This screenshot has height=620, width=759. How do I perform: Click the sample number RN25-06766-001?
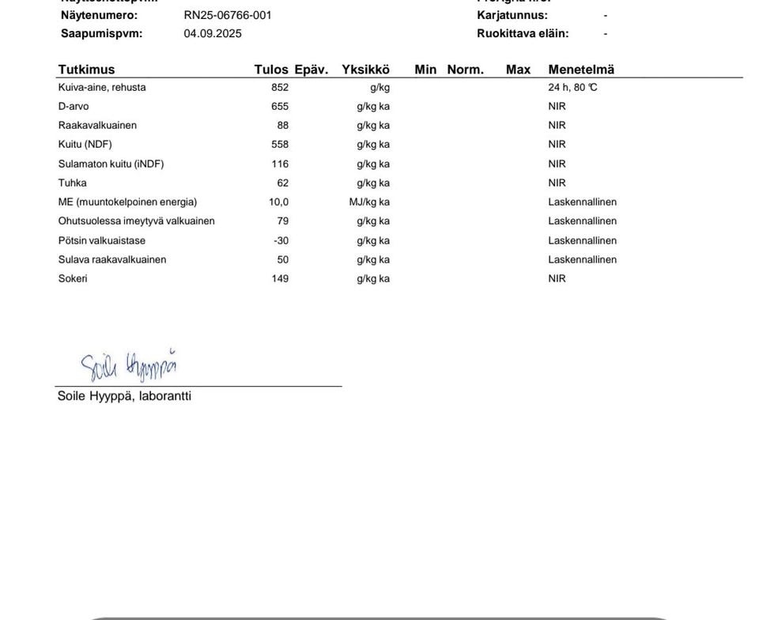(228, 15)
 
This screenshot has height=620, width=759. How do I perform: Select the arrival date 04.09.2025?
(213, 33)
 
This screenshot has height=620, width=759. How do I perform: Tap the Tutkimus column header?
(86, 70)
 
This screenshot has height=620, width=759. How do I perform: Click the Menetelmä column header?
(581, 70)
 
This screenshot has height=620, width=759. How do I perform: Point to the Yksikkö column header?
(365, 70)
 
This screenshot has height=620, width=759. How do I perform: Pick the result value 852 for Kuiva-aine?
(280, 88)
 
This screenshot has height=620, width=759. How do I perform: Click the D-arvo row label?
(74, 107)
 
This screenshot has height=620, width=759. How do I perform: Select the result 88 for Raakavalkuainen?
(283, 126)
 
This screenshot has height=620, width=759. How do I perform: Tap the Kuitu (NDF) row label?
(85, 145)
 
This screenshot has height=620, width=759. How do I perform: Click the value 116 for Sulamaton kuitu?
(280, 164)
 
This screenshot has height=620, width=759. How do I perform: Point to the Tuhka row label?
(72, 183)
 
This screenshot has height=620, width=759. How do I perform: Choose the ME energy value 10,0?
(278, 202)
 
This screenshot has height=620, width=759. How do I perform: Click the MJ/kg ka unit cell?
(369, 202)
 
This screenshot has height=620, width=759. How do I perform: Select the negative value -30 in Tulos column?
(281, 240)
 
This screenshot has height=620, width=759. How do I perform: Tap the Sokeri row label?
(73, 278)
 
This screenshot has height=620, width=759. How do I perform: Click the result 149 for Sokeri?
(280, 278)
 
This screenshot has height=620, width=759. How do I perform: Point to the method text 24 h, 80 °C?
(572, 88)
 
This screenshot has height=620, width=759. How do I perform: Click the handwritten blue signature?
(128, 365)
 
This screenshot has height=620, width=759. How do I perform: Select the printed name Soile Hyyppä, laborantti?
(124, 396)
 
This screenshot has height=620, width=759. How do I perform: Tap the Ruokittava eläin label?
(523, 33)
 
